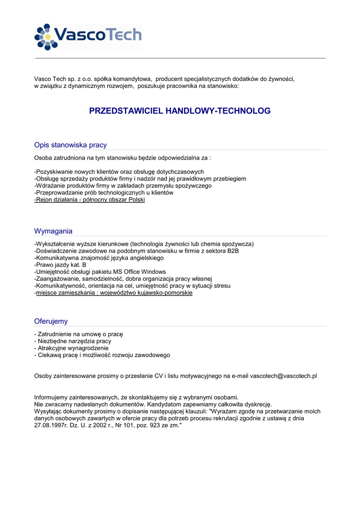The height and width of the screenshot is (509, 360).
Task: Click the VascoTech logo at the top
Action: coord(88,36)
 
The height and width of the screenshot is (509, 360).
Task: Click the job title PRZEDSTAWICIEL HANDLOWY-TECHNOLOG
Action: coord(180,111)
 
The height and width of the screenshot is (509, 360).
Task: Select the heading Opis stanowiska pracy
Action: coord(70,145)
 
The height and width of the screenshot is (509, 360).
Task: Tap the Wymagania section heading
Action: coord(53,231)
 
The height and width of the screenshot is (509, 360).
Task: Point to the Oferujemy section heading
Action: coord(51,322)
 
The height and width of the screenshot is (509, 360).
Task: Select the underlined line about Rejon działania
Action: coord(90,200)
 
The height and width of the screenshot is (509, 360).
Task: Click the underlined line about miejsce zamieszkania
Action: coord(114,293)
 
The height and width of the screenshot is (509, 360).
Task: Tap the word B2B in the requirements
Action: coord(233,251)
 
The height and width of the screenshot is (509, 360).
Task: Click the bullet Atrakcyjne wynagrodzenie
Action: coord(71,348)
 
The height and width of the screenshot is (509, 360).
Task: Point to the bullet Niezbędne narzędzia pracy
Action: coord(73,341)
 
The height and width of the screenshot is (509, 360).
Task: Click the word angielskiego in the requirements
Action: coord(143,258)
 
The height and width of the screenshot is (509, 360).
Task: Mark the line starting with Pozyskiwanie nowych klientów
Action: coord(116,172)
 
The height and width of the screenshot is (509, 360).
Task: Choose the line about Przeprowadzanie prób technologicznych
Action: coord(104,193)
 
